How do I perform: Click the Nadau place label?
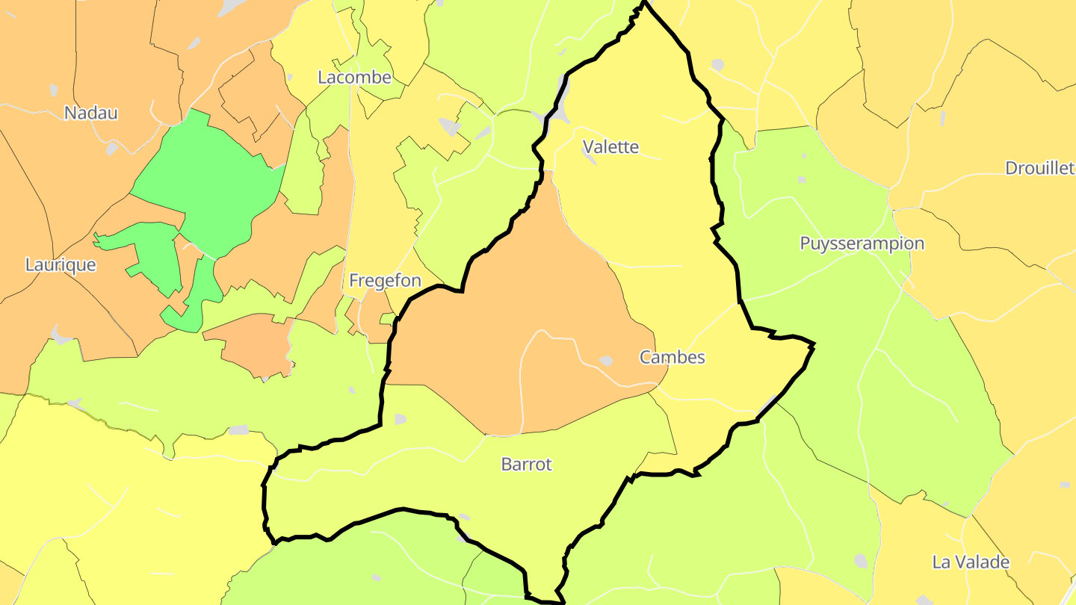[x=90, y=113]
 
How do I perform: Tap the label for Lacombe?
[x=354, y=77]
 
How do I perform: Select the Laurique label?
[x=61, y=264]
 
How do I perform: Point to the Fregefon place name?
[x=385, y=281]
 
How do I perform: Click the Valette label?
[x=610, y=146]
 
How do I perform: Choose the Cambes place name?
[x=672, y=357]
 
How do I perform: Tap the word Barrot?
[x=526, y=464]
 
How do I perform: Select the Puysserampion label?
[x=862, y=243]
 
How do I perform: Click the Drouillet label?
[x=1039, y=168]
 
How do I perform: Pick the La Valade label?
[x=971, y=562]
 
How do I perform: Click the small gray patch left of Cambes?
[x=606, y=361]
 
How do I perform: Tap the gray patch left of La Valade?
[x=862, y=560]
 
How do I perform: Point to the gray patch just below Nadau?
[x=112, y=149]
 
